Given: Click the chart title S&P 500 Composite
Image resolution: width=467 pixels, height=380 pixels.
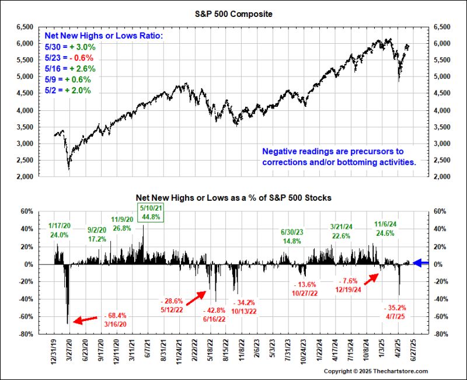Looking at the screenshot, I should (233, 13).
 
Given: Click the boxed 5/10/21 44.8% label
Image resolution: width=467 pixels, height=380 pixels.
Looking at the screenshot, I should (151, 212).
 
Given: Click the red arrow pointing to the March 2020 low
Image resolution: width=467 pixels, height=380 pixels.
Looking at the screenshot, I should (85, 319).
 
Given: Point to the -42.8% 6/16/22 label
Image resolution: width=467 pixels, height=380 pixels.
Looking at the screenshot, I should (217, 315).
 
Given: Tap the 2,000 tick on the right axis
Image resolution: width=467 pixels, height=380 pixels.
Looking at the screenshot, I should (441, 177).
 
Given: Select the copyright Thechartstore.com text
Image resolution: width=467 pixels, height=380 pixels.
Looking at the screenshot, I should (375, 371).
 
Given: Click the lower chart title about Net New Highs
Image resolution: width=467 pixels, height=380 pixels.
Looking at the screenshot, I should (233, 198).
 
